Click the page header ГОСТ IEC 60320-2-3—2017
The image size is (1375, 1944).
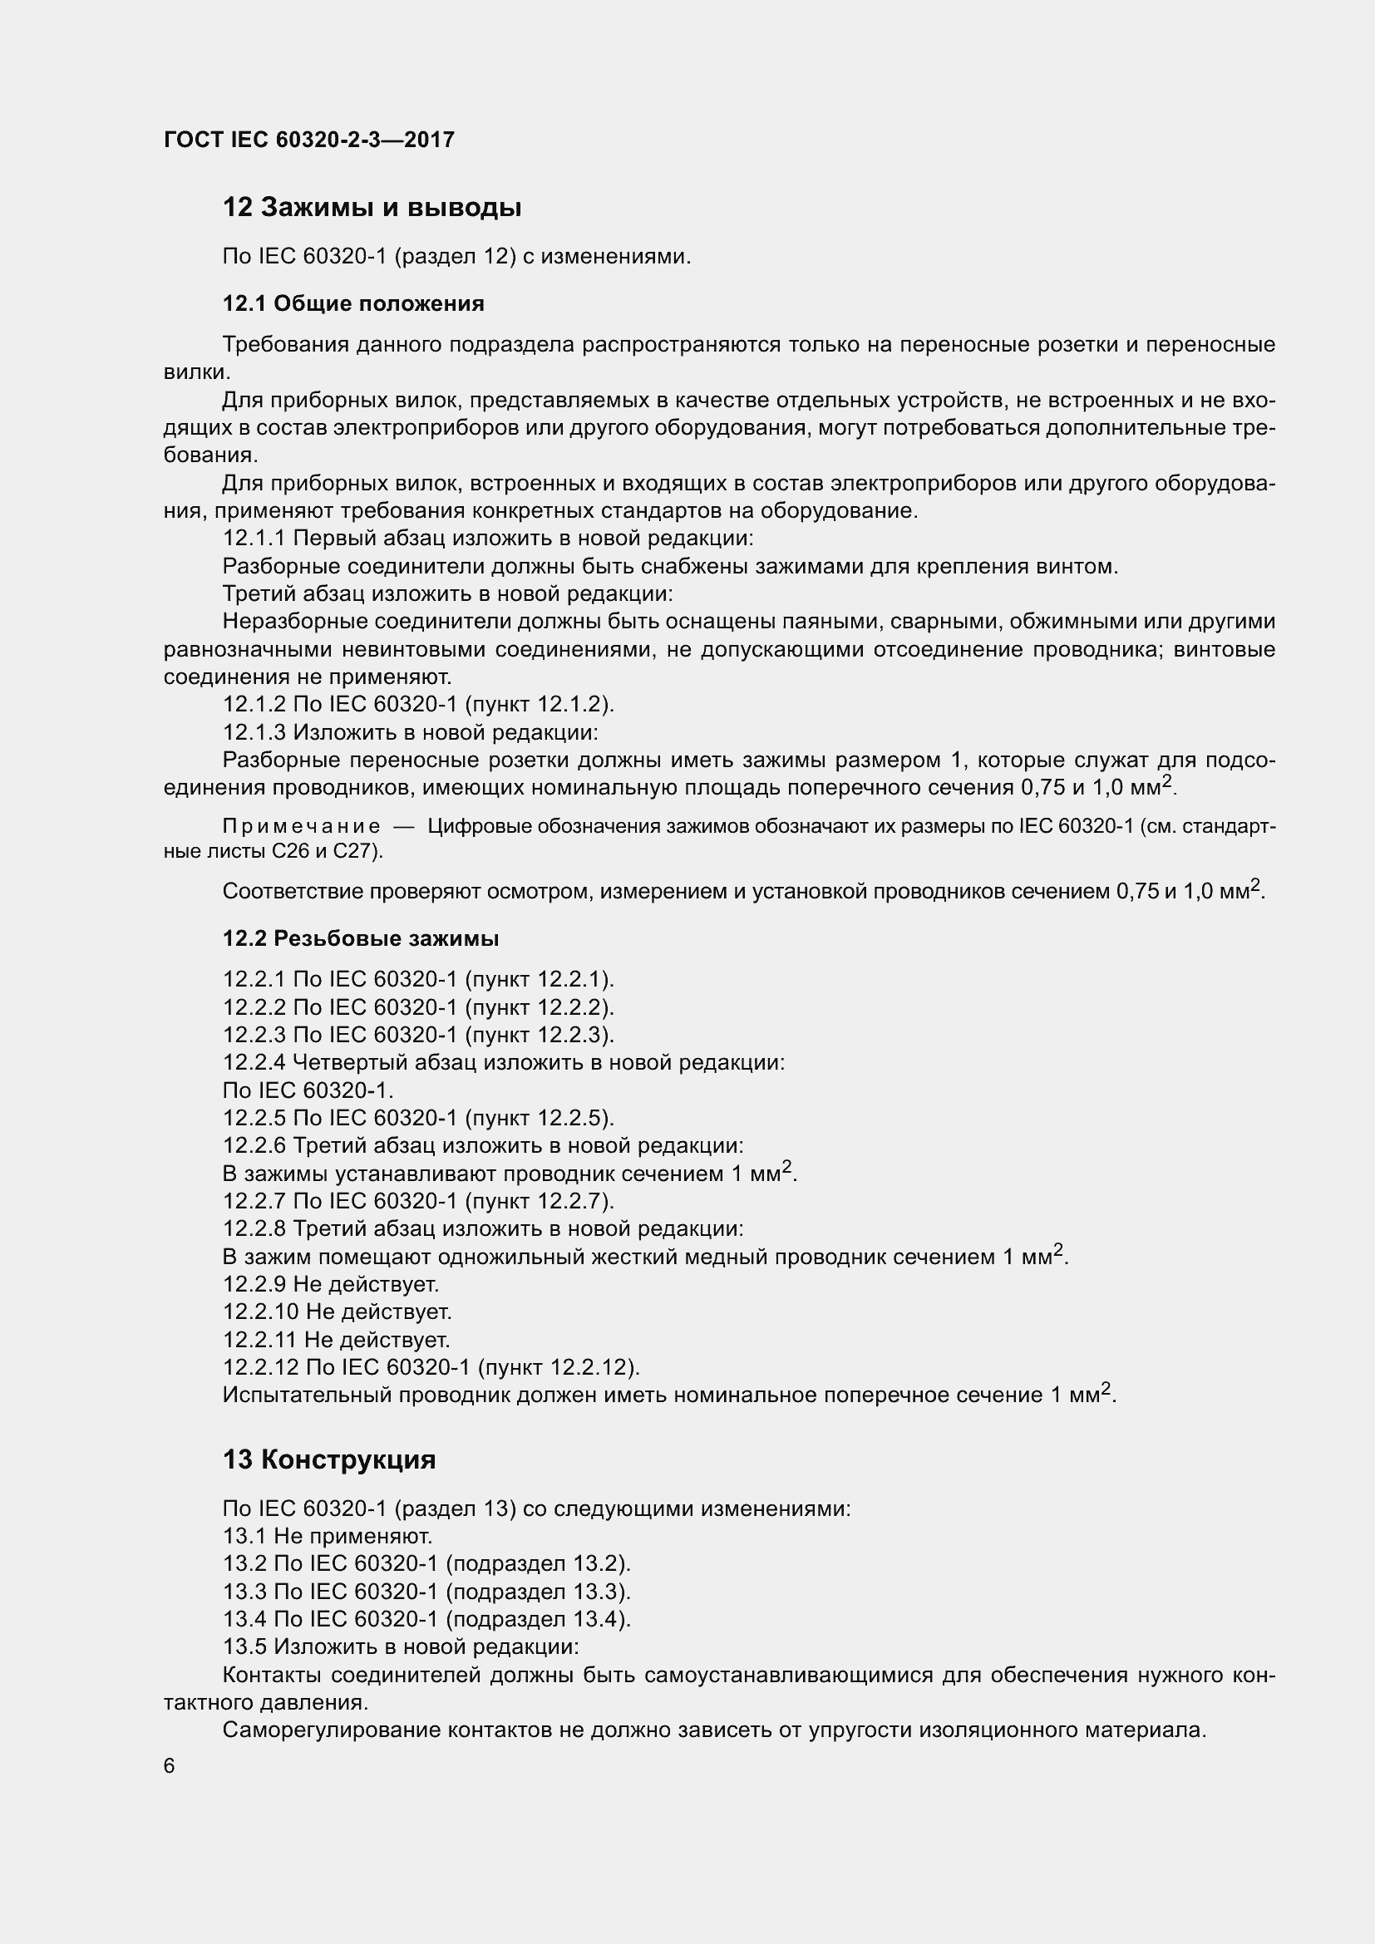[309, 140]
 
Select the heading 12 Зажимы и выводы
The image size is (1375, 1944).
[372, 208]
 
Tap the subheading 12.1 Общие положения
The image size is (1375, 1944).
[353, 303]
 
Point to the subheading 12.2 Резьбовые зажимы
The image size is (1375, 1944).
[361, 938]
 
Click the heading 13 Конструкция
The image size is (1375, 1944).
[329, 1459]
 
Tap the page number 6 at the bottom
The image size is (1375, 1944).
[170, 1765]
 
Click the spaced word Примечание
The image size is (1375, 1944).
[302, 826]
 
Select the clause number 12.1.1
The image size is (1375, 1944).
[254, 539]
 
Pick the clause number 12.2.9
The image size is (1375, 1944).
[254, 1284]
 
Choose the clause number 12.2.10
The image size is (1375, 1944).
[261, 1312]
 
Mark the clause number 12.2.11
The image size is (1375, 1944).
[260, 1340]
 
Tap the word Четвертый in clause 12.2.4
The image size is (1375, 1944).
[347, 1063]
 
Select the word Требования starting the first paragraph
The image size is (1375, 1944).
[288, 345]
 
